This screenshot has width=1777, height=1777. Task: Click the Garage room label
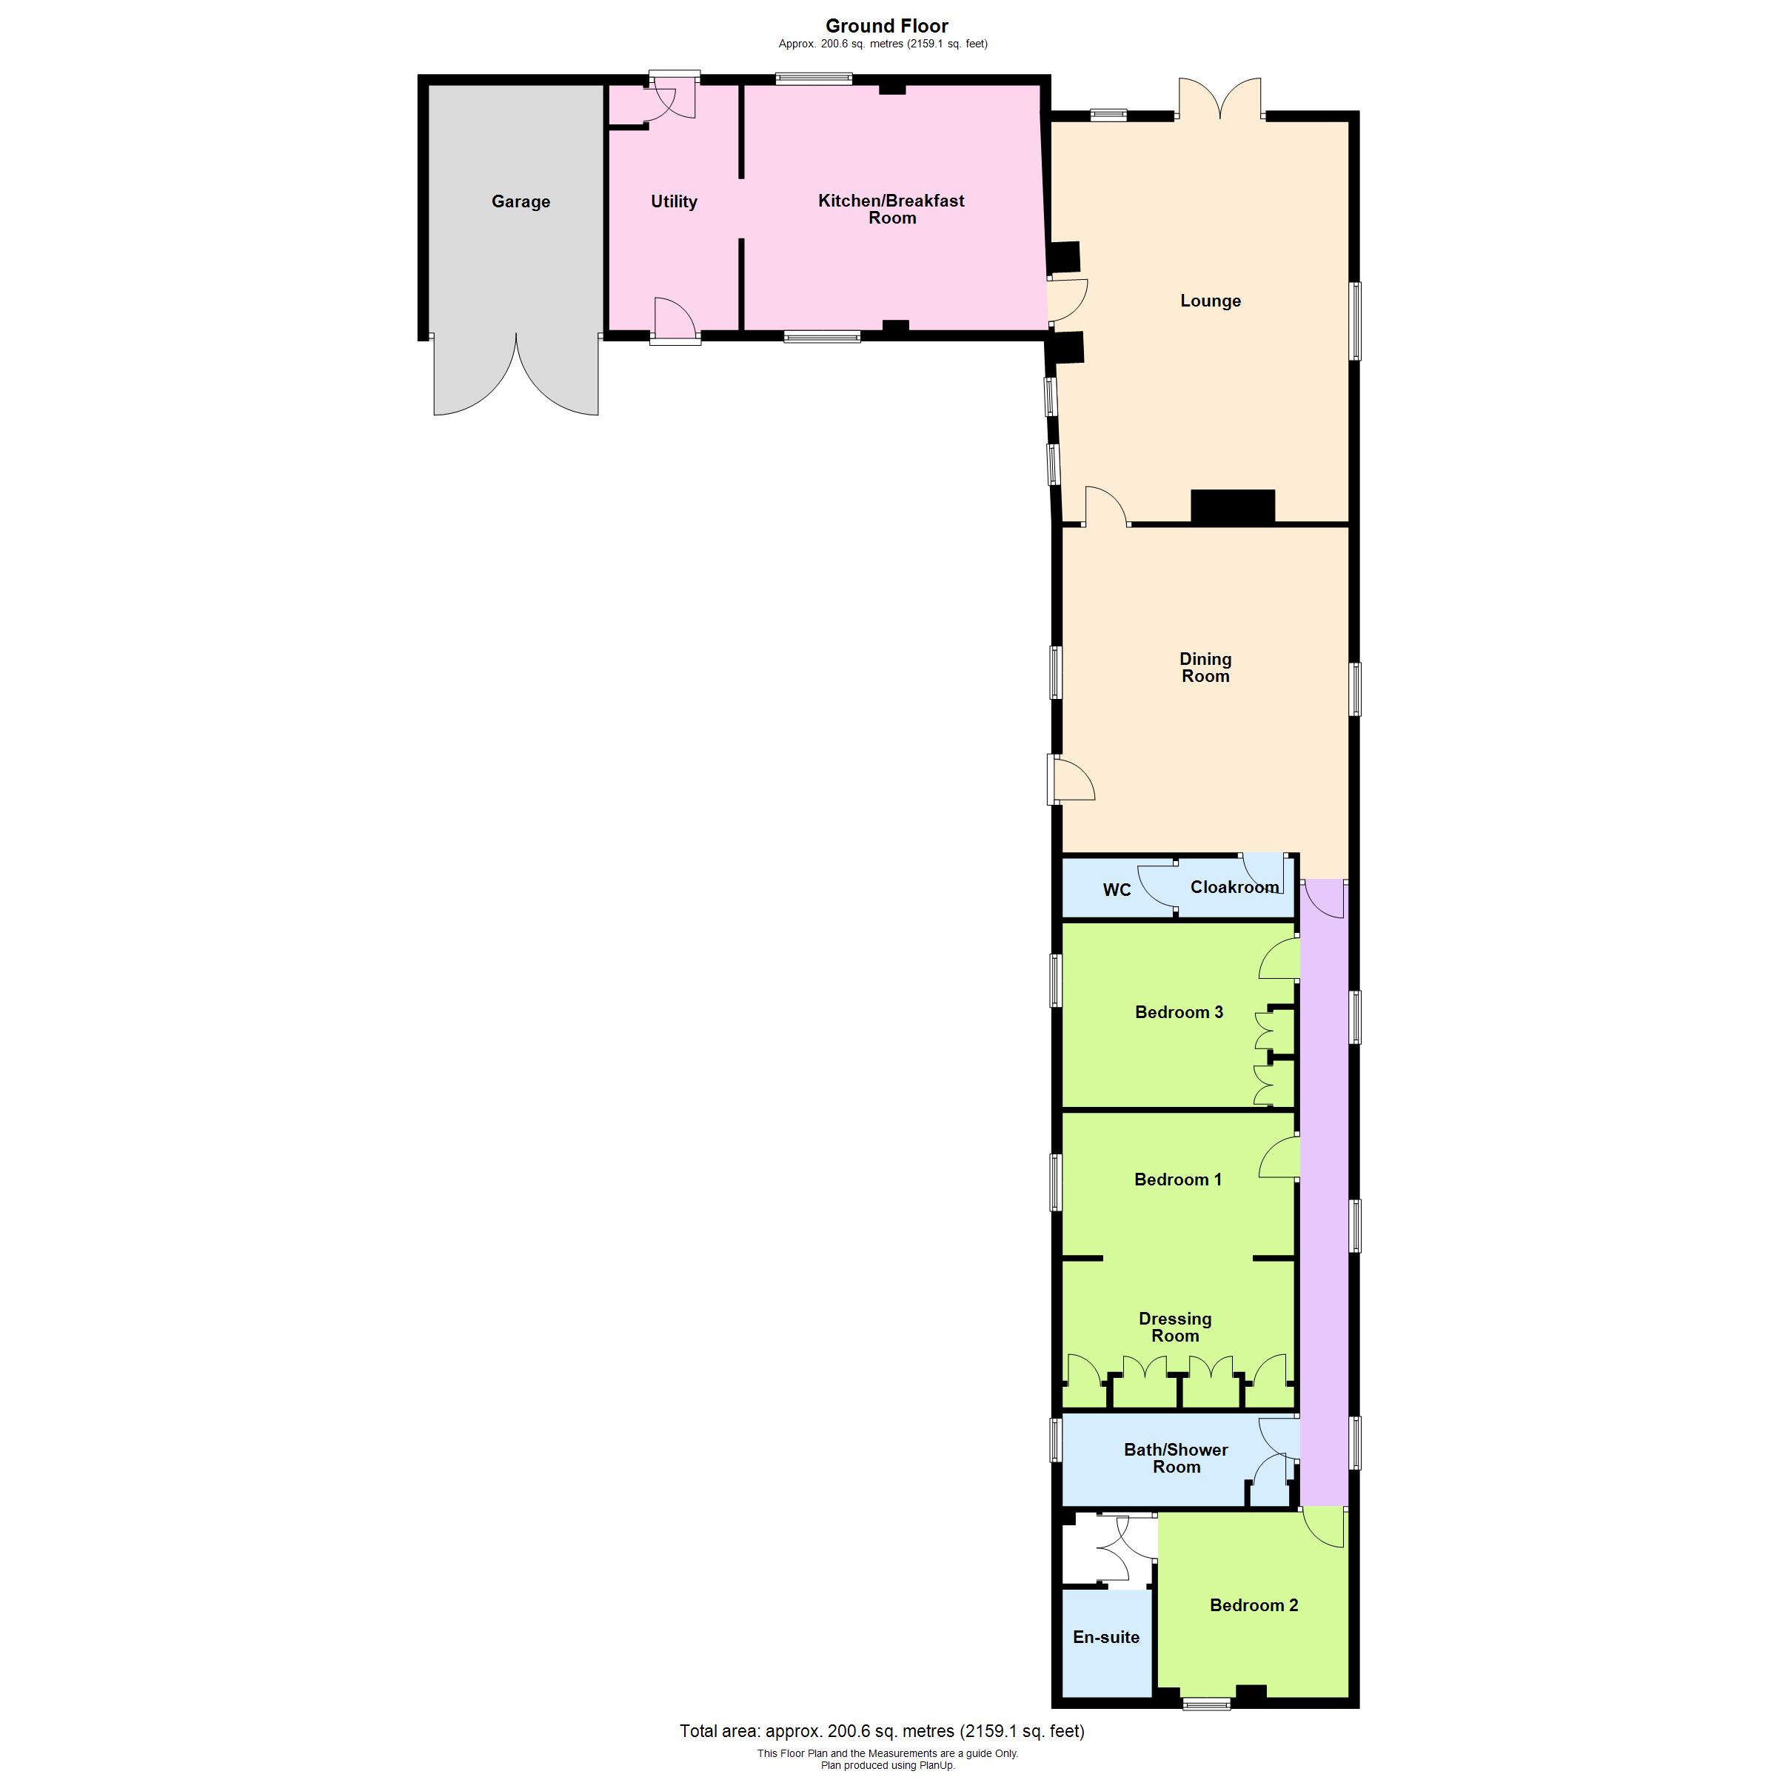(x=521, y=201)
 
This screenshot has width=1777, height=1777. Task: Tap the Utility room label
(x=675, y=201)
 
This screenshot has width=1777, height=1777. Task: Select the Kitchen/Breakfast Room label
(x=891, y=209)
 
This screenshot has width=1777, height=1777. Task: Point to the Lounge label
(x=1211, y=301)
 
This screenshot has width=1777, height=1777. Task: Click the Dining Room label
(x=1205, y=667)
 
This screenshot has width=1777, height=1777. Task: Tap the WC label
(x=1117, y=889)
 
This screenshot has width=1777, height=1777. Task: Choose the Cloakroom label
(x=1234, y=887)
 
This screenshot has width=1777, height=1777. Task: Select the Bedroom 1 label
(x=1178, y=1179)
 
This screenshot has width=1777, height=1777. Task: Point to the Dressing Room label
(x=1176, y=1328)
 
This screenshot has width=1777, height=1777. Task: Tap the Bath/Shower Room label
(x=1177, y=1458)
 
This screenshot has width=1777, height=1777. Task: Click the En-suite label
(x=1106, y=1637)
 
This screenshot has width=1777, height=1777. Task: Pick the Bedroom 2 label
(x=1254, y=1605)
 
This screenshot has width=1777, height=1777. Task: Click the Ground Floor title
(x=887, y=26)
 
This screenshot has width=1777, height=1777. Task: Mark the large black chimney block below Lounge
(x=1233, y=506)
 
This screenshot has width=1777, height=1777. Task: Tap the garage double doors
(x=516, y=375)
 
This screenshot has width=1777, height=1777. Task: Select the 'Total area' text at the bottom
(x=882, y=1731)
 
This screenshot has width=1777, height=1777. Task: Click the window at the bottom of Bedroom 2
(x=1206, y=1704)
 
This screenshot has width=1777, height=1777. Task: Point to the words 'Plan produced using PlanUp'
(x=888, y=1765)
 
